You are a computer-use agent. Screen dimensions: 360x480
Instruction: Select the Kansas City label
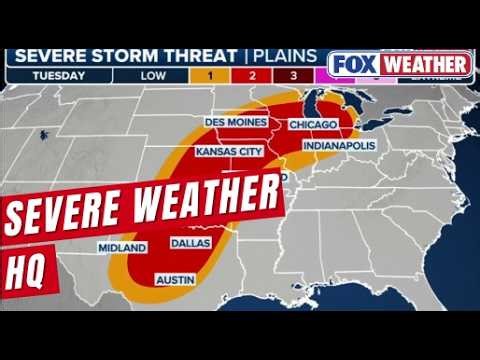point(230,152)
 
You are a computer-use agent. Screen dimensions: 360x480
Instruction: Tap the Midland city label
point(122,247)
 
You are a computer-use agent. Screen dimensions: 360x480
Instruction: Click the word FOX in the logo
point(353,64)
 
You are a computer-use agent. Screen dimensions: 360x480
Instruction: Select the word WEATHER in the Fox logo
point(425,64)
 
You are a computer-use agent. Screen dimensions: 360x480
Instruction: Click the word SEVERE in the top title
point(54,56)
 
